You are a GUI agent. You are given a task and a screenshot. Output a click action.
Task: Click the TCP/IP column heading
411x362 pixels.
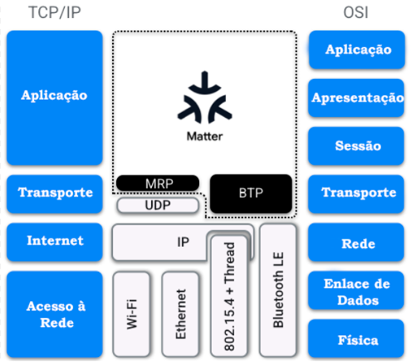(x=54, y=12)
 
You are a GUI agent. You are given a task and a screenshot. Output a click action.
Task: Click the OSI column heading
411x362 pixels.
(x=356, y=12)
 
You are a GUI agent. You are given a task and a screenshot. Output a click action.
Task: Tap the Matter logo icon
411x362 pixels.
(x=205, y=97)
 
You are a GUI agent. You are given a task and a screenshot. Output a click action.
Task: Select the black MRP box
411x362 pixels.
(x=158, y=183)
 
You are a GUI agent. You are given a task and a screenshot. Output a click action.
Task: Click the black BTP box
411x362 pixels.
(x=251, y=193)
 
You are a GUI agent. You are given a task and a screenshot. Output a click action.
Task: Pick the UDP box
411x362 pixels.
(x=158, y=205)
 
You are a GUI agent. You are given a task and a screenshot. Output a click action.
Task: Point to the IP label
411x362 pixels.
(x=183, y=242)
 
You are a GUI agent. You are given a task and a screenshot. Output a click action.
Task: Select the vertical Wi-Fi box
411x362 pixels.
(x=132, y=314)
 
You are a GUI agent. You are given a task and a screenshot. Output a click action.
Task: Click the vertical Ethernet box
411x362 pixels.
(x=180, y=314)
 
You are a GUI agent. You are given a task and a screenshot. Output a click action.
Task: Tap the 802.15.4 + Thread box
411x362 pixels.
(x=229, y=296)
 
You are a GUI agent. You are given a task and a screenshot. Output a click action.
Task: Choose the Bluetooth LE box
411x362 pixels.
(x=278, y=291)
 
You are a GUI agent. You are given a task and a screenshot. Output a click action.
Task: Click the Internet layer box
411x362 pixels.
(x=54, y=242)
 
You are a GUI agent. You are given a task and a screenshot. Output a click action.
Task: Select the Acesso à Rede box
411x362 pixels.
(x=54, y=314)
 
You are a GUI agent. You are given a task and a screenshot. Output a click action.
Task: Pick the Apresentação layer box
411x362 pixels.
(x=357, y=97)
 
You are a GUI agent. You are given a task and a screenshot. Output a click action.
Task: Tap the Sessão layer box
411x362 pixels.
(x=357, y=146)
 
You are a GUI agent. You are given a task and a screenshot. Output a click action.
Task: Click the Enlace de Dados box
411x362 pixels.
(x=357, y=291)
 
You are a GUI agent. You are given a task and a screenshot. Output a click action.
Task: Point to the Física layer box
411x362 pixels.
(x=357, y=338)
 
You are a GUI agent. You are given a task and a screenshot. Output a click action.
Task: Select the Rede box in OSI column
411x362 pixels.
(x=357, y=242)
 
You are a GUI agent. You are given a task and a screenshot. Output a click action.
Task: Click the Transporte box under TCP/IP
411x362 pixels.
(x=54, y=194)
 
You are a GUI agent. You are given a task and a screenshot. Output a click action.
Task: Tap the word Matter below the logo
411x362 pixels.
(x=205, y=136)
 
